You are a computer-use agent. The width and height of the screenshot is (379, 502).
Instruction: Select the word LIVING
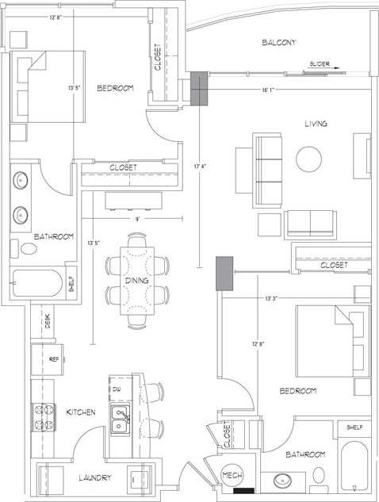316,124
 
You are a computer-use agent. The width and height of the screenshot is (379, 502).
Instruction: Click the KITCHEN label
82,412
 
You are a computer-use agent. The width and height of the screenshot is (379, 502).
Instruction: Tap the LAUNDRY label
94,478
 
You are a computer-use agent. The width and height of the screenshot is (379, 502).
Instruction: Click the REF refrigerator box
54,359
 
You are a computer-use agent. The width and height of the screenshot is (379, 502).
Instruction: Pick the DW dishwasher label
116,389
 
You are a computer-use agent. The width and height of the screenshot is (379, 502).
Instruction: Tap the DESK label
48,321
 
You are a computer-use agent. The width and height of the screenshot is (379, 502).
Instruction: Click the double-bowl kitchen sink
121,419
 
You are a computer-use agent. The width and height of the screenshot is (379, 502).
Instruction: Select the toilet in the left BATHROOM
29,248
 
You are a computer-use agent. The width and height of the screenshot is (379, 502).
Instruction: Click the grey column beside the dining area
225,273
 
